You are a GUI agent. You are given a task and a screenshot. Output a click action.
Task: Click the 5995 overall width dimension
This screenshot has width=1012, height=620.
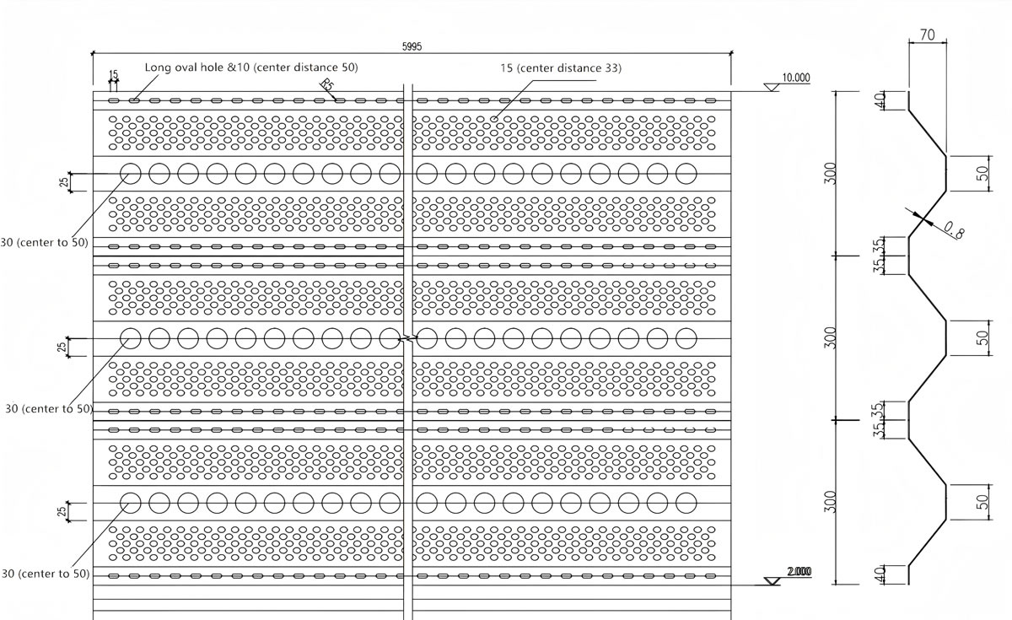pyautogui.click(x=412, y=46)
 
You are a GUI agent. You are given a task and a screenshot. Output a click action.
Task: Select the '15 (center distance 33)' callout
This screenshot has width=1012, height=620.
pyautogui.click(x=561, y=68)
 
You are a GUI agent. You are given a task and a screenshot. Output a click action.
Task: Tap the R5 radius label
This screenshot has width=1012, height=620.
pyautogui.click(x=326, y=84)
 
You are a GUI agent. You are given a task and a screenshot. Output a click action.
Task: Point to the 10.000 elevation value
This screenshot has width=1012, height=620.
pyautogui.click(x=796, y=78)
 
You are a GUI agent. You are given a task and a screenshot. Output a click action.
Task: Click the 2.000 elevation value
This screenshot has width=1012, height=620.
pyautogui.click(x=799, y=572)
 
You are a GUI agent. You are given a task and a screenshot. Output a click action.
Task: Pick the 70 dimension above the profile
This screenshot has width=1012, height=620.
pyautogui.click(x=927, y=35)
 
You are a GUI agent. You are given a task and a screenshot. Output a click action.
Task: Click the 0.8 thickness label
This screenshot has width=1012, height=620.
pyautogui.click(x=954, y=229)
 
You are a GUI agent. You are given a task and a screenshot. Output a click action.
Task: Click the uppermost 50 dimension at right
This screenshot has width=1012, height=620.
pyautogui.click(x=982, y=174)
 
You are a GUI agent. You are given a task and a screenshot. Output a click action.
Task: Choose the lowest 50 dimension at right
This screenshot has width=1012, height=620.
pyautogui.click(x=982, y=502)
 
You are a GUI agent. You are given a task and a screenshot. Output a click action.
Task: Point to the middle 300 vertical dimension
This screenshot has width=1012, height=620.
pyautogui.click(x=831, y=338)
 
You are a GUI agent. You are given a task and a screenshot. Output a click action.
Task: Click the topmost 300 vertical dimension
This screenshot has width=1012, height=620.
pyautogui.click(x=831, y=174)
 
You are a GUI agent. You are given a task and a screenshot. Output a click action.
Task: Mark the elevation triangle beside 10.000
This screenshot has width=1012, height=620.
pyautogui.click(x=772, y=87)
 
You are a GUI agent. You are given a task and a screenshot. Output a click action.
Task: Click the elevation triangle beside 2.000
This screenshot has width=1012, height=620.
pyautogui.click(x=772, y=581)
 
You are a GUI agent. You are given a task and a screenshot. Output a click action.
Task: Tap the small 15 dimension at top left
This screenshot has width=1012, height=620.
pyautogui.click(x=113, y=74)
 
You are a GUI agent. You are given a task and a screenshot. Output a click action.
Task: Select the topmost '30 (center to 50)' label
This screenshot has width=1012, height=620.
pyautogui.click(x=44, y=243)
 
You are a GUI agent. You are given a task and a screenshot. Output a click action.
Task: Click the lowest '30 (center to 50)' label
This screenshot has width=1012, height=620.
pyautogui.click(x=46, y=574)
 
